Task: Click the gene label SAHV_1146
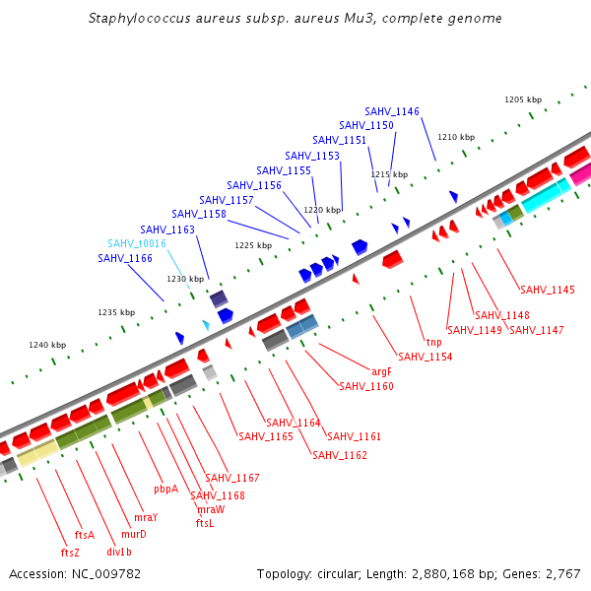tap(392, 111)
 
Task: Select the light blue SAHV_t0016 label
tap(137, 243)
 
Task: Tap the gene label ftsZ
tap(70, 553)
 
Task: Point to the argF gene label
tap(382, 372)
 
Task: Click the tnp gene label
tap(433, 342)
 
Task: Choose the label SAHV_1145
tap(548, 290)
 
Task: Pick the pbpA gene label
tap(165, 489)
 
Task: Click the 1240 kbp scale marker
tap(47, 345)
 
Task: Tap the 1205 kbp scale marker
tap(523, 99)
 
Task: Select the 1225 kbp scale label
tap(253, 245)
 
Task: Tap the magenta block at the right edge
tap(581, 173)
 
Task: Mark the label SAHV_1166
tap(125, 258)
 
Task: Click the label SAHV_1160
tap(366, 386)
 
